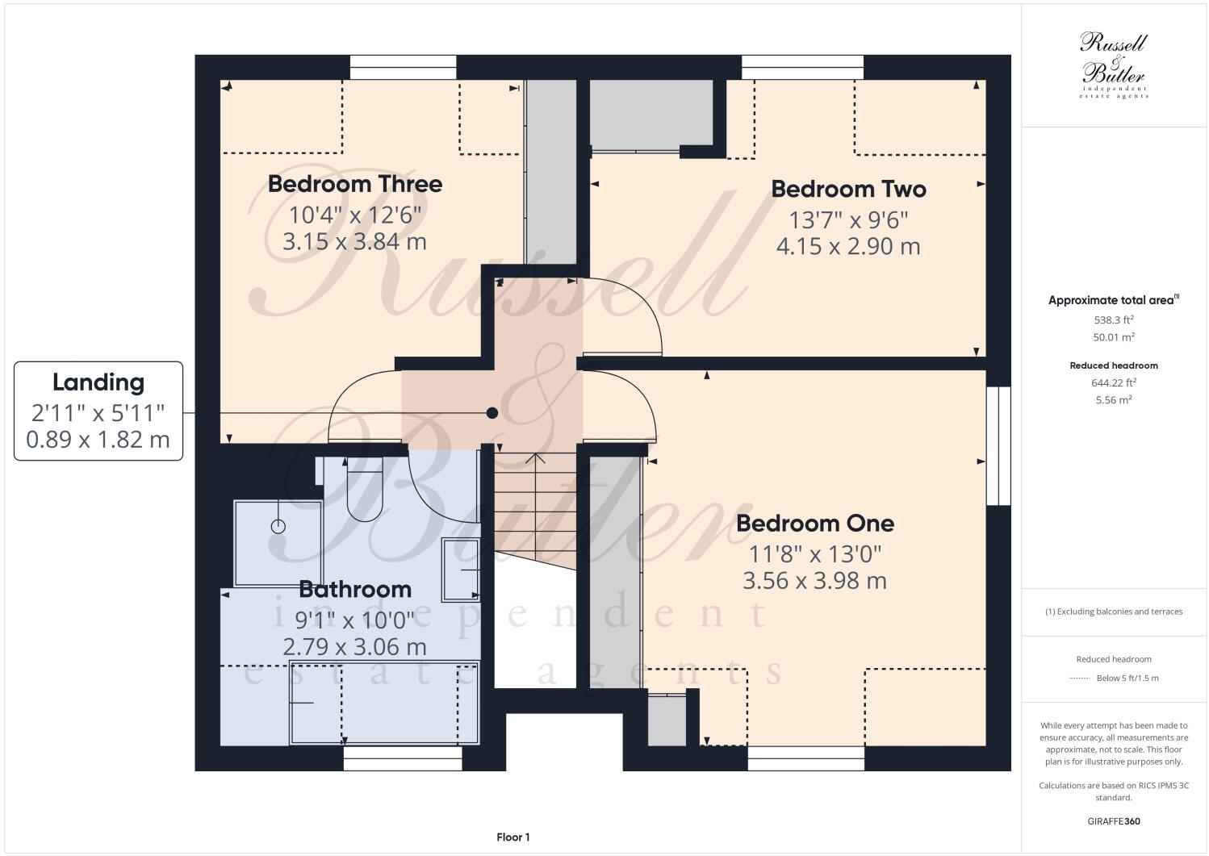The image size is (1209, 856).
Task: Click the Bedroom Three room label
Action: click(x=354, y=184)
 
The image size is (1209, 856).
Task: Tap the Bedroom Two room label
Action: click(x=848, y=189)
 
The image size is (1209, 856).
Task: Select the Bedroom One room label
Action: click(x=814, y=524)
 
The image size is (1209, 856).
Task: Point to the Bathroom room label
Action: click(x=355, y=589)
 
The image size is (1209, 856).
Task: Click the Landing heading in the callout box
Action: click(x=98, y=382)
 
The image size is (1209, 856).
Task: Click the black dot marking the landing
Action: click(x=492, y=413)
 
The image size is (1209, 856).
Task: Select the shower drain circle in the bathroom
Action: click(x=278, y=527)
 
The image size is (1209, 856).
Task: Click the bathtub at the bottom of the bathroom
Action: click(x=384, y=703)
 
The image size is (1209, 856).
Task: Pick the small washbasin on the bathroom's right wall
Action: click(x=461, y=570)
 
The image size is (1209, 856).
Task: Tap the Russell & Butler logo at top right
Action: click(x=1113, y=65)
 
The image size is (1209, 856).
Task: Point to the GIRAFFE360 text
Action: click(x=1113, y=822)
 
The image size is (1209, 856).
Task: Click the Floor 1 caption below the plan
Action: click(x=512, y=837)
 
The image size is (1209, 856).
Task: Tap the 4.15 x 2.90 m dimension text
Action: click(x=848, y=246)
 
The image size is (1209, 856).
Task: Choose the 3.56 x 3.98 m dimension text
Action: click(x=814, y=581)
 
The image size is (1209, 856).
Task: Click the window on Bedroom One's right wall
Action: click(x=998, y=446)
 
